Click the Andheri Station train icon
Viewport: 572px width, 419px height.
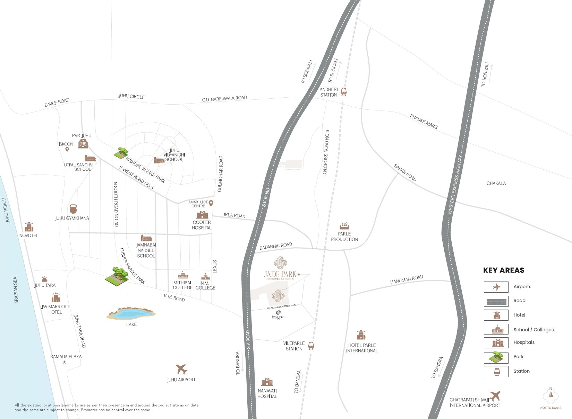(343, 91)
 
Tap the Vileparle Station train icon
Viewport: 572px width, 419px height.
(311, 345)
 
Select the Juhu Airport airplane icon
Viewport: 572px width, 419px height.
(181, 369)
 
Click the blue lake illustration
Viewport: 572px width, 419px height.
(131, 314)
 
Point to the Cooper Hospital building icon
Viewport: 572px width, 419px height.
(202, 215)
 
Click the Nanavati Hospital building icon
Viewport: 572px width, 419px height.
(267, 382)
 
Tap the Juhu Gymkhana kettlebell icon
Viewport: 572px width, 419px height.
(73, 209)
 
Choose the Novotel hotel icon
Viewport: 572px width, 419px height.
(29, 227)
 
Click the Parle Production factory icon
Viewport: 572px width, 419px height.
(344, 226)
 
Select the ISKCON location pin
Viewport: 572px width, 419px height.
(67, 149)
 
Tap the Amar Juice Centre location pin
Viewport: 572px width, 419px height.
(211, 203)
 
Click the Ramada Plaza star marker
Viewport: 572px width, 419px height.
(64, 362)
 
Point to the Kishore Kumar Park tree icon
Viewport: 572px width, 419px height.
(121, 152)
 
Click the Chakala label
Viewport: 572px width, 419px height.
(496, 183)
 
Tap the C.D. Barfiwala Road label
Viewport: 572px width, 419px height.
(224, 99)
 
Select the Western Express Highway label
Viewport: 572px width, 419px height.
(455, 184)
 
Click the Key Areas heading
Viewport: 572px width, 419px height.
(504, 270)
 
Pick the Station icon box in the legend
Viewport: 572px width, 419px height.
(496, 371)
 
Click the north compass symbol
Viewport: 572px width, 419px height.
(550, 395)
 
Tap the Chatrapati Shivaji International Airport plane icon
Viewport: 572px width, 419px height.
(495, 396)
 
